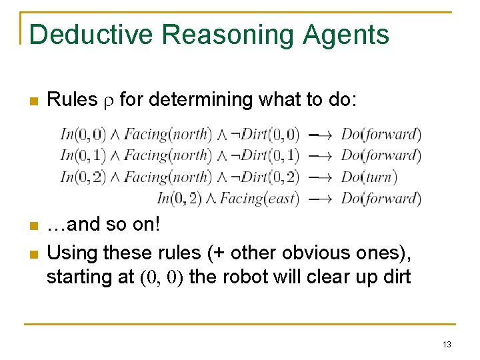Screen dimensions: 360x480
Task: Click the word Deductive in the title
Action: click(91, 35)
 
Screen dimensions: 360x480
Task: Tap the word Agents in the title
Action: click(349, 35)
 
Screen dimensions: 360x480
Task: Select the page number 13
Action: click(447, 345)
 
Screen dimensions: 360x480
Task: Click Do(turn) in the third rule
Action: click(369, 177)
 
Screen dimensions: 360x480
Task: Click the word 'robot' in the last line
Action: click(245, 277)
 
